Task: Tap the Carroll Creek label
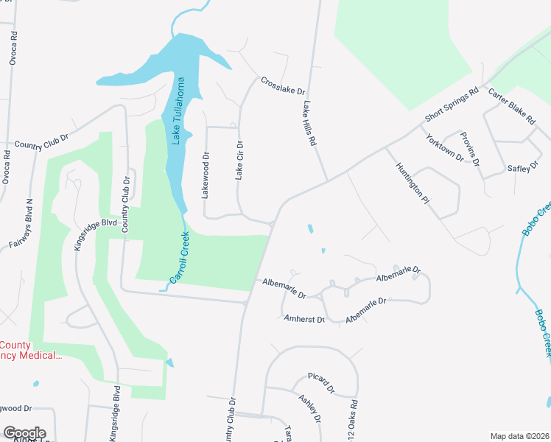pos(180,259)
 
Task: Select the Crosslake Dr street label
pos(281,85)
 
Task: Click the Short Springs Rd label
pos(452,106)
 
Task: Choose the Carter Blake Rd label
pos(510,107)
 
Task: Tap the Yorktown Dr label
pos(444,147)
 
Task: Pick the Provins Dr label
pos(471,150)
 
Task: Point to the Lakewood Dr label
pos(206,175)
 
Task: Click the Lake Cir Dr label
pos(239,161)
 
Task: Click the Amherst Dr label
pos(304,319)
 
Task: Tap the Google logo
pos(24,433)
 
